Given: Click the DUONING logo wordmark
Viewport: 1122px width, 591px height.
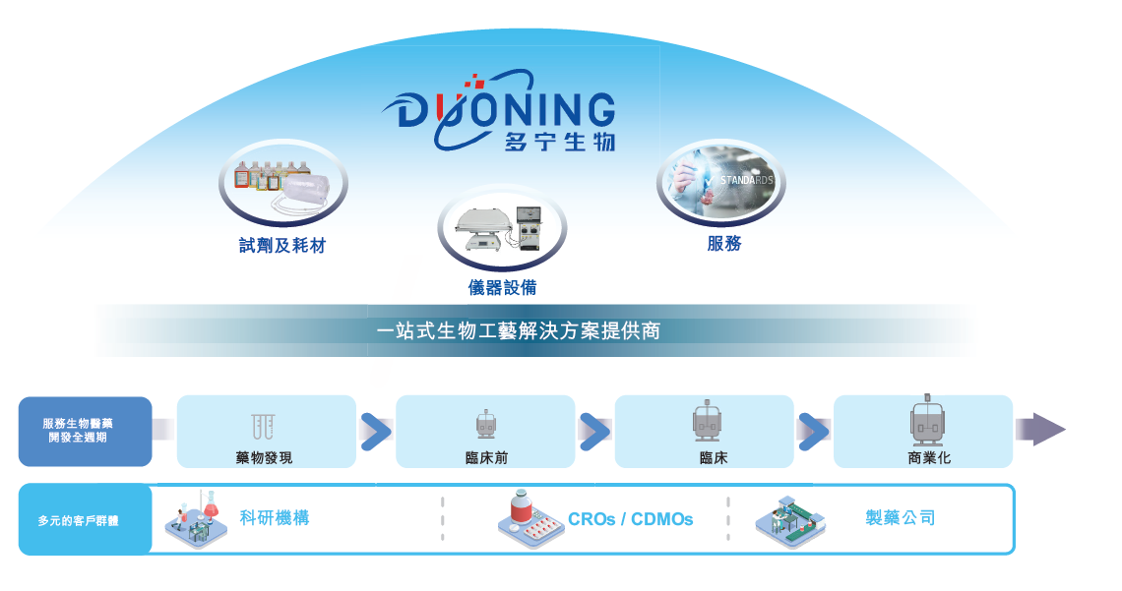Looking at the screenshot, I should (x=506, y=107).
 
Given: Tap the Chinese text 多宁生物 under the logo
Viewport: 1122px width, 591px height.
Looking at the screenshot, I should (x=559, y=143).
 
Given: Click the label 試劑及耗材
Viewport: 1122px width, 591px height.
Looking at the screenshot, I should (x=282, y=246).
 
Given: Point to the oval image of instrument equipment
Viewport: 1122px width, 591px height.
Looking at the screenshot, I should (x=502, y=227).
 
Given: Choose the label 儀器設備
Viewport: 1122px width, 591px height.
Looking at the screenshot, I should (x=502, y=287).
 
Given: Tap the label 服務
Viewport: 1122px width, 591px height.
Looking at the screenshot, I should (x=723, y=244).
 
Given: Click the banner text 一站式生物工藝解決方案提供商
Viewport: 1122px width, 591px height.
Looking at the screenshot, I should (x=519, y=330).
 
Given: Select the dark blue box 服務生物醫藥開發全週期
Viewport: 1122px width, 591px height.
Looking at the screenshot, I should (x=85, y=431).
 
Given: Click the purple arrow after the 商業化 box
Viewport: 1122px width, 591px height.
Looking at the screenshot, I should (x=1041, y=430).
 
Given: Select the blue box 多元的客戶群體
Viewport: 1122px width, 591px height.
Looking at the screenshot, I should (x=85, y=520).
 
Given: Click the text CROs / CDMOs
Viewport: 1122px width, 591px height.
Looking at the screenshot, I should (x=630, y=519).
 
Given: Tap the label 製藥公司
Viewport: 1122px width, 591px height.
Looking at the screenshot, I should (x=900, y=518).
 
